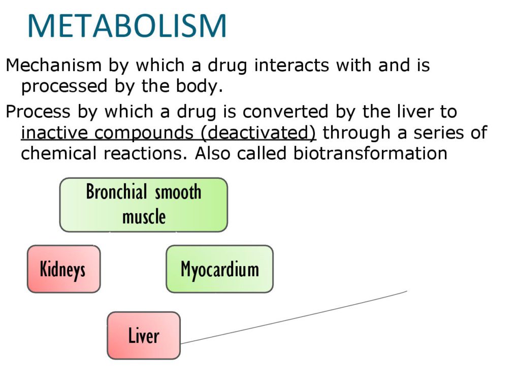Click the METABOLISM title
(127, 26)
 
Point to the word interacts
(291, 65)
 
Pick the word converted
(285, 112)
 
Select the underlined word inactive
(54, 133)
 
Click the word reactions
(146, 154)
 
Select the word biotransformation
(370, 153)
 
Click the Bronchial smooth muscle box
(144, 205)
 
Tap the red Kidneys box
(63, 269)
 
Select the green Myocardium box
(219, 269)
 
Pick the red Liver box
(144, 335)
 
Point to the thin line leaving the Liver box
(294, 317)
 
